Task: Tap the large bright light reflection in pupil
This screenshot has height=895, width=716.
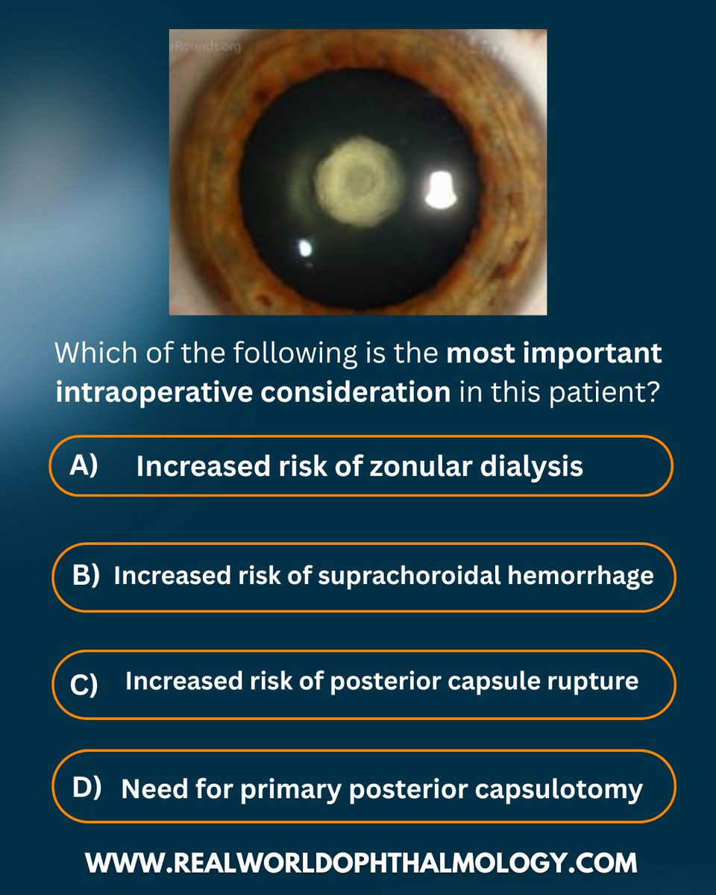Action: (441, 189)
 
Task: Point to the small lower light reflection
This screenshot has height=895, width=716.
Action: (306, 248)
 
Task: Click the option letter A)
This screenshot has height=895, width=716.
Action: (84, 465)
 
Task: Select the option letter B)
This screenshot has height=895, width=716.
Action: (84, 576)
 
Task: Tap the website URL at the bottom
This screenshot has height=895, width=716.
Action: (361, 862)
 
